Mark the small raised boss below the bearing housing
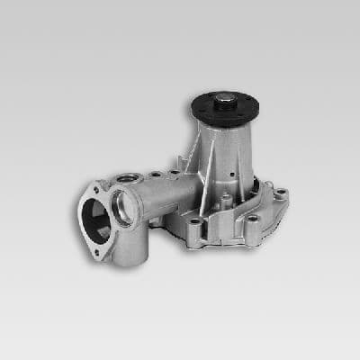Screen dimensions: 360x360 [225, 197]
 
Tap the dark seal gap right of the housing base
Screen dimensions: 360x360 [265, 184]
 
